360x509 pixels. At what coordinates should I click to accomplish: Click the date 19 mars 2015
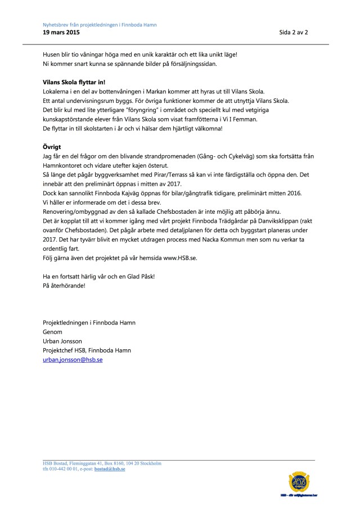[x=61, y=33]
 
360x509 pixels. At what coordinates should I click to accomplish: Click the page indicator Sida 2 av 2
[x=294, y=33]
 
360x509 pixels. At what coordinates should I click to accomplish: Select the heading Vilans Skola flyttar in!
[x=74, y=82]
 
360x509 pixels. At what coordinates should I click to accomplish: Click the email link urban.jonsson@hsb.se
[x=73, y=359]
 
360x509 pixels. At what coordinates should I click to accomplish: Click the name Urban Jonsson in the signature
[x=63, y=341]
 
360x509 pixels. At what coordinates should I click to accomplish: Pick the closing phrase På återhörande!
[x=65, y=286]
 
